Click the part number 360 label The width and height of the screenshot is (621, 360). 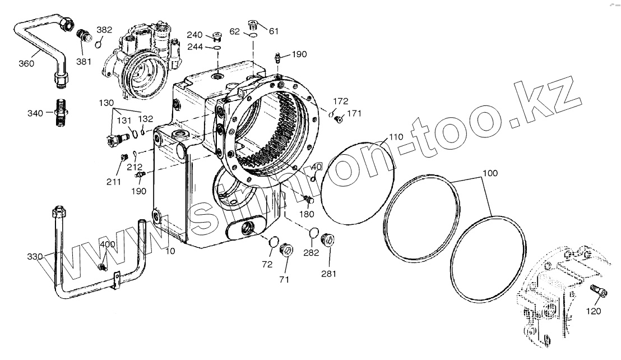[26, 63]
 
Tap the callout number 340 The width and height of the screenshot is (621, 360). [35, 113]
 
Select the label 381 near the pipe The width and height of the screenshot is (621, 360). [84, 62]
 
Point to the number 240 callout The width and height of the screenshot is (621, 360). [195, 35]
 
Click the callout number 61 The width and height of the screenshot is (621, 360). [274, 31]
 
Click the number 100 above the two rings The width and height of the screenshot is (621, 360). [489, 173]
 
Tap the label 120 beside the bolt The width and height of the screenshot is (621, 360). [594, 311]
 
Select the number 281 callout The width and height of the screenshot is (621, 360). [329, 274]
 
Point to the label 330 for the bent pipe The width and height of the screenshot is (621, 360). [34, 256]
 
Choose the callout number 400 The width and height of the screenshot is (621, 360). [108, 244]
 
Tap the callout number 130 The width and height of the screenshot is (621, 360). [105, 103]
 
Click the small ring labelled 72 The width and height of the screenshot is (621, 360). [274, 242]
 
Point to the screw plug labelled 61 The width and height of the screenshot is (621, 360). [254, 25]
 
